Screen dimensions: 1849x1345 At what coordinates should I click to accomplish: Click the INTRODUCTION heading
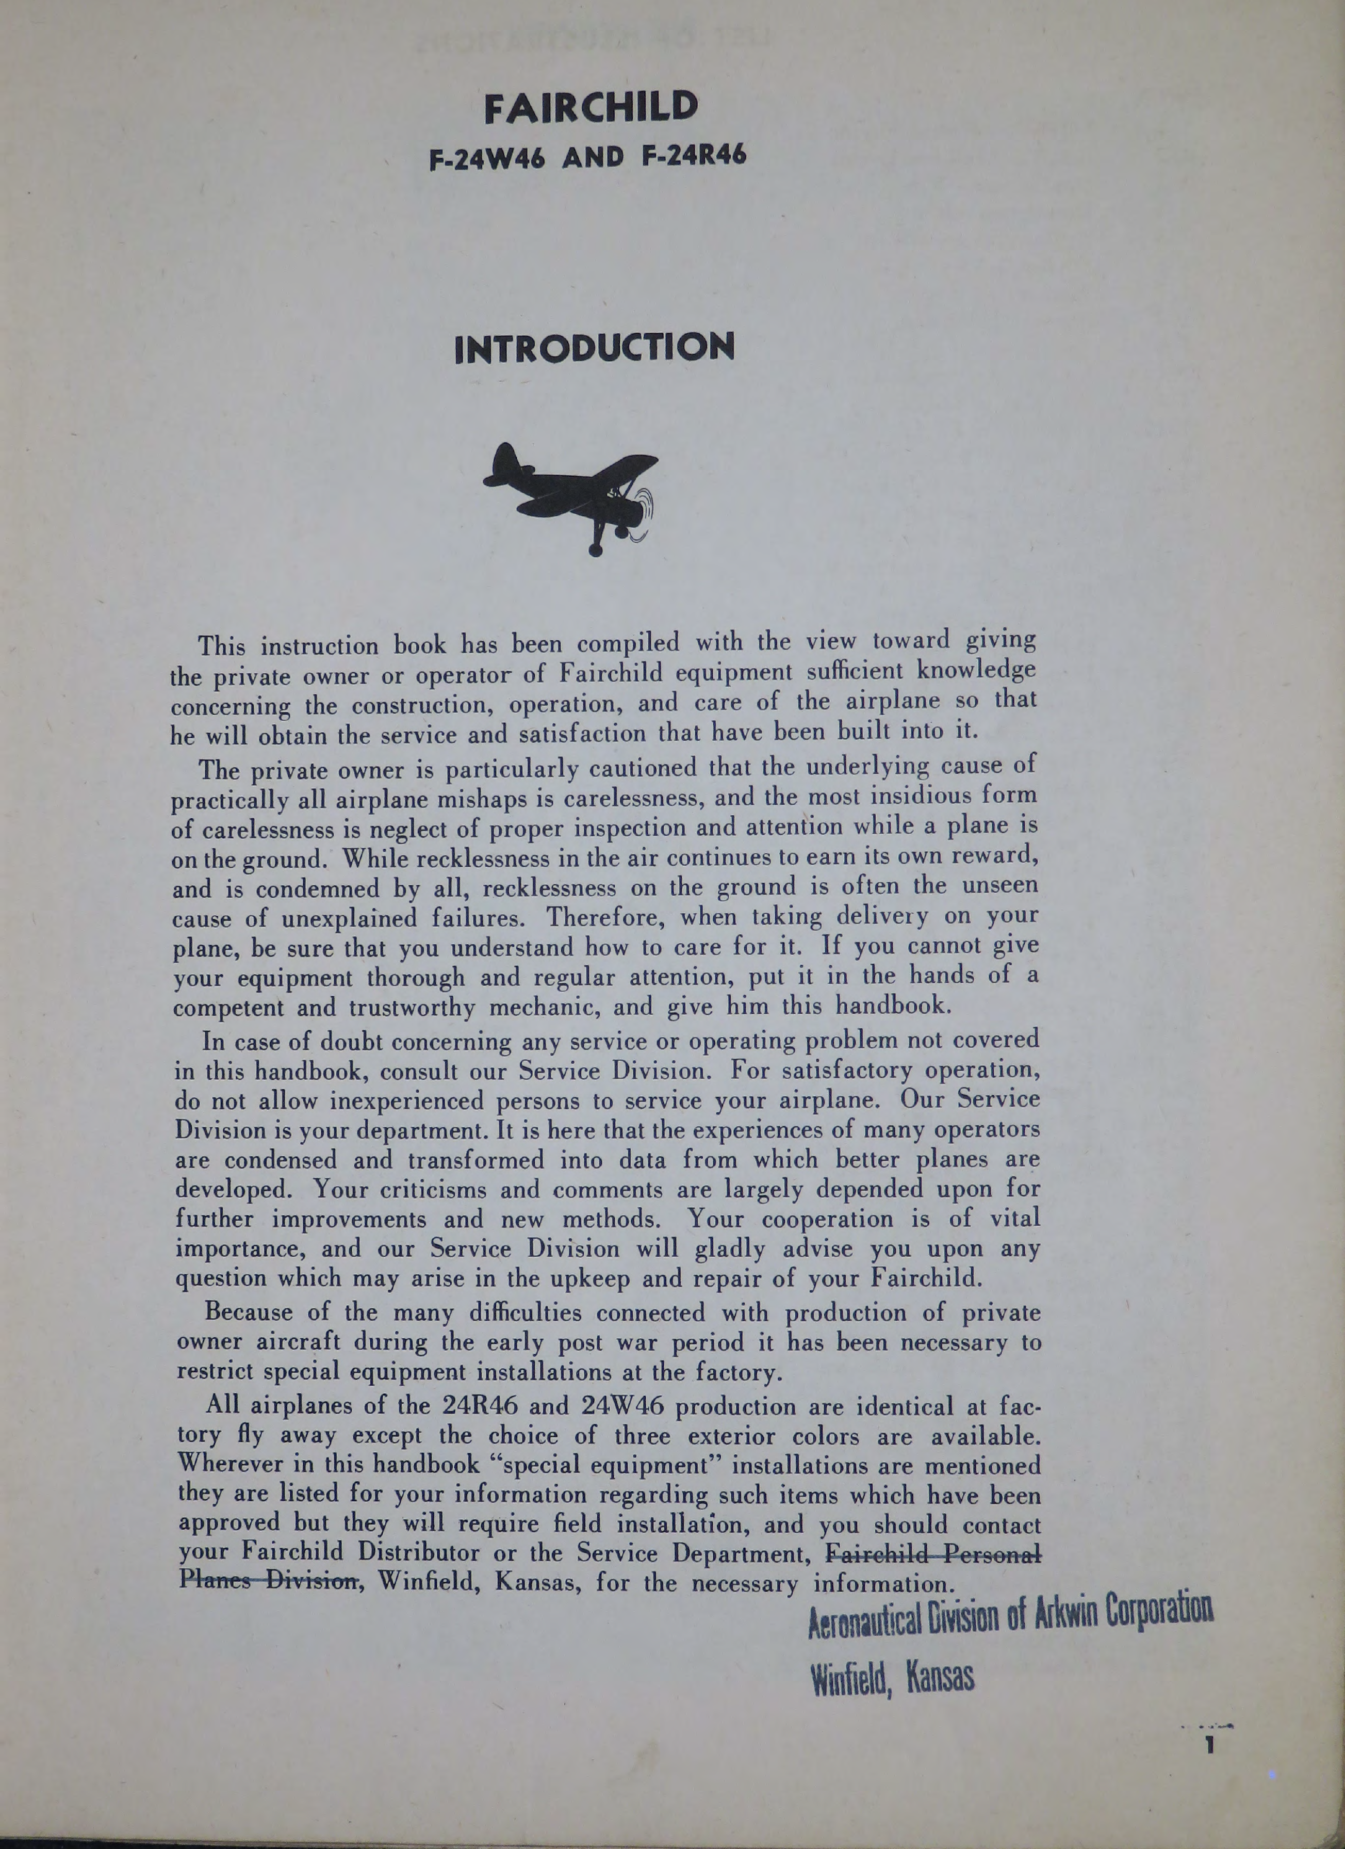tap(594, 348)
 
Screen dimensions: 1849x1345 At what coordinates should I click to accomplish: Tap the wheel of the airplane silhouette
tap(596, 550)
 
